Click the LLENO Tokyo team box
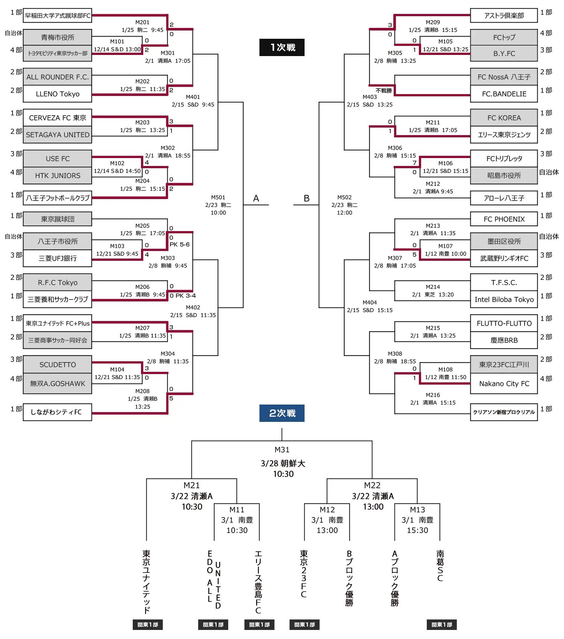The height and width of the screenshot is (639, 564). point(58,94)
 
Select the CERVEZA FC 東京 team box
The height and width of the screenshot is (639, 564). point(58,118)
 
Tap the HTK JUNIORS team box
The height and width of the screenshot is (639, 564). point(58,176)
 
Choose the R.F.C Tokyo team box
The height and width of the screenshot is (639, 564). point(58,283)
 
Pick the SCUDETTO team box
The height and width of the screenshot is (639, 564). point(58,365)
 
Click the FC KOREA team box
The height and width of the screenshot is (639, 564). point(504,118)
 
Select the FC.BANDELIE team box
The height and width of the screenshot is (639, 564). point(504,94)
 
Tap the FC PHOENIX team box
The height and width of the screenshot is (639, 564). point(504,219)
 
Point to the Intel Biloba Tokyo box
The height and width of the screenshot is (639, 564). point(504,300)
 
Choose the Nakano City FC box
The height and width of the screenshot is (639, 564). point(504,384)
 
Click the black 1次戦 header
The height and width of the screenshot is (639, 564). point(282,47)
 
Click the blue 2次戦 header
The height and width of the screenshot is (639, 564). point(282,413)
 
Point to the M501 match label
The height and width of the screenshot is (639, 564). point(218,198)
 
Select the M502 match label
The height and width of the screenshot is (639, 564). point(344,198)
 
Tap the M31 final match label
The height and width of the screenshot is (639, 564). point(282,450)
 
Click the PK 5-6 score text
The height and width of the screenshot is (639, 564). point(179,245)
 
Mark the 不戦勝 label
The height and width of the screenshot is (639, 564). point(384,91)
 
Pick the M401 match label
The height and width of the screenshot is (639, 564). point(193,97)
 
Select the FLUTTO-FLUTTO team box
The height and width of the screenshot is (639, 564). point(504,324)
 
